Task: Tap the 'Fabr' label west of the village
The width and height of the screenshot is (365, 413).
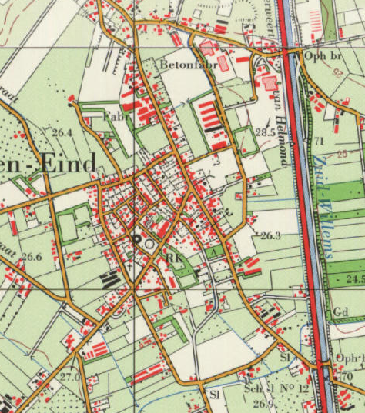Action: [x=117, y=116]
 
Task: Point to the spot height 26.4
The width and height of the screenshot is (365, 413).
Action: [x=62, y=133]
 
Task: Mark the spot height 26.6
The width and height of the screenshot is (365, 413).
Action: [x=31, y=257]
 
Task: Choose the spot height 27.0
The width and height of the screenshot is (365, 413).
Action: [x=69, y=377]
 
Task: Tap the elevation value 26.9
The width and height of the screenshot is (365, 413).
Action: [x=263, y=403]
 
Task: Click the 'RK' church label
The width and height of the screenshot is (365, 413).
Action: [x=174, y=259]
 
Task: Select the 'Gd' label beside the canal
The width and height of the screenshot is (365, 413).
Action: [x=342, y=311]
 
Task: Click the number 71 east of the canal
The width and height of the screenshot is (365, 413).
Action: [x=319, y=141]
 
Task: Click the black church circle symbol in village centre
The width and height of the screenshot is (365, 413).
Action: [x=138, y=238]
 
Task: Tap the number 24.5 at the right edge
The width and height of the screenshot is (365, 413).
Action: [x=354, y=278]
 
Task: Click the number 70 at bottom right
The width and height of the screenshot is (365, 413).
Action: [x=347, y=376]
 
